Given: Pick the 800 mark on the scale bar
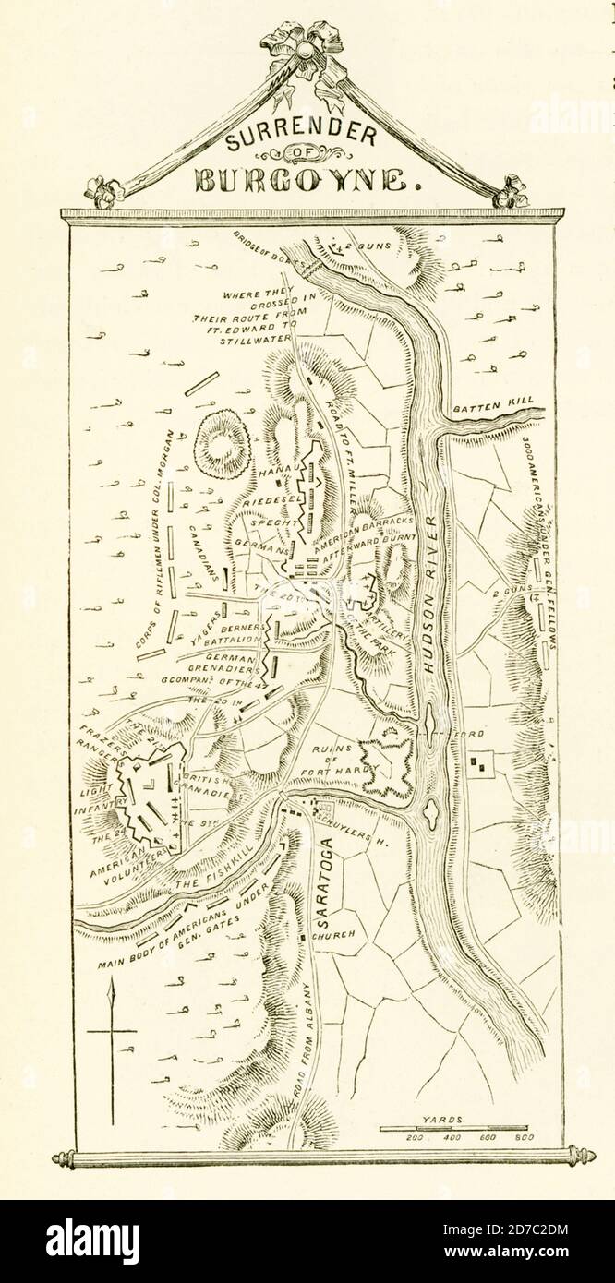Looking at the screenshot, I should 524,1137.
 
